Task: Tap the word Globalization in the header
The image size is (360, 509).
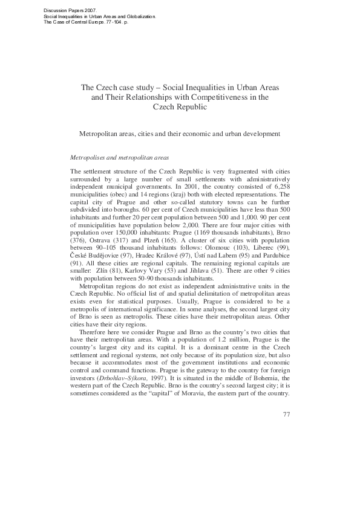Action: click(x=139, y=16)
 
